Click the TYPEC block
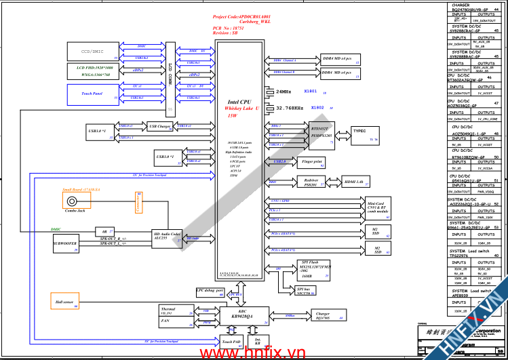pyautogui.click(x=359, y=132)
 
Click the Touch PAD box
pyautogui.click(x=231, y=342)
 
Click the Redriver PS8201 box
pyautogui.click(x=311, y=182)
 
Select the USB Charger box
pyautogui.click(x=161, y=127)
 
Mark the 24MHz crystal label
pyautogui.click(x=284, y=91)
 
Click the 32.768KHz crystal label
pyautogui.click(x=290, y=108)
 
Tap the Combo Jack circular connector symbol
pyautogui.click(x=72, y=202)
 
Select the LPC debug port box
pyautogui.click(x=210, y=292)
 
